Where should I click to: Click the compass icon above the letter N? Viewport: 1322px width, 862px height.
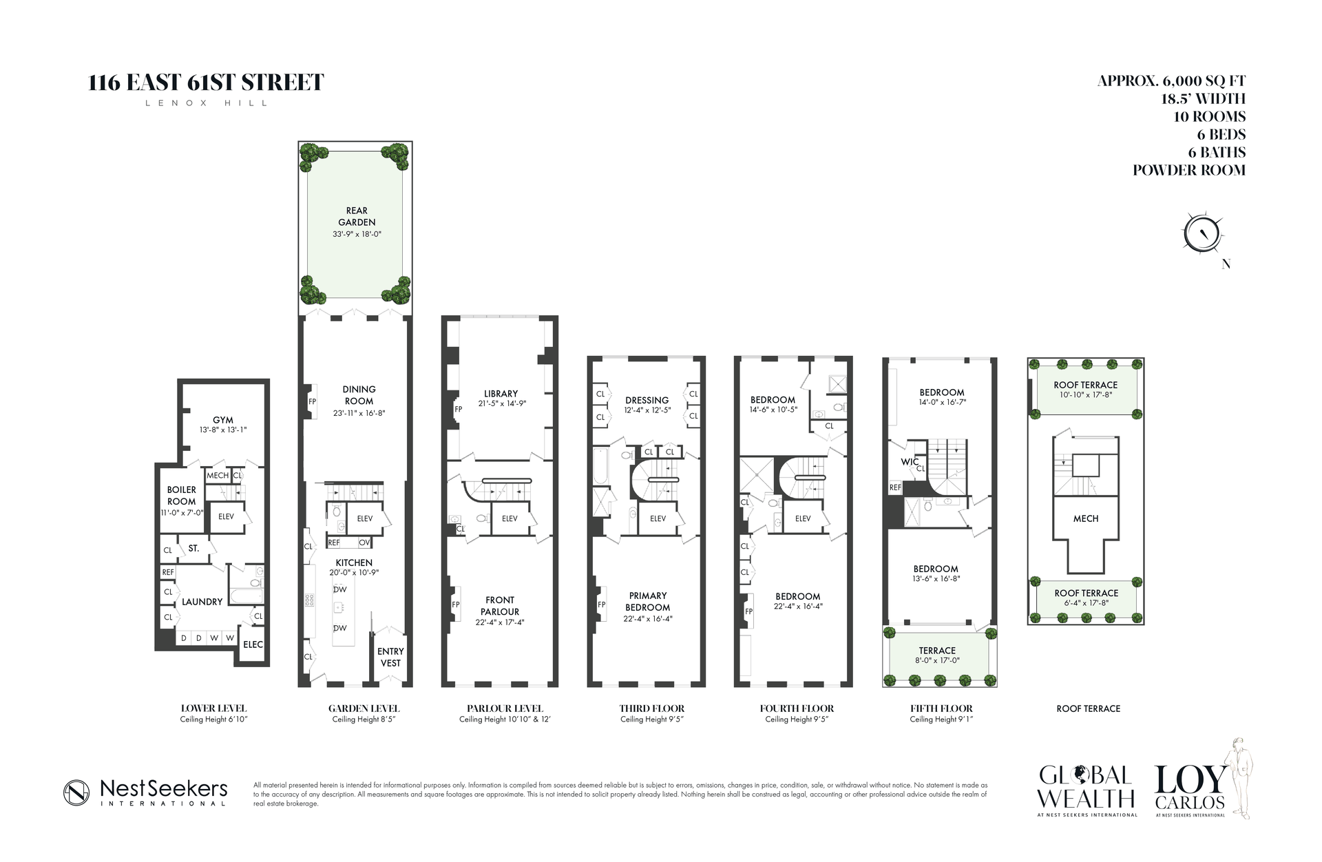pos(1202,233)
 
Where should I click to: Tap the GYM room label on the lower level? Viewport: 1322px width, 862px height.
pos(222,420)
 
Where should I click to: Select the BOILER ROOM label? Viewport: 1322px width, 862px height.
pos(182,496)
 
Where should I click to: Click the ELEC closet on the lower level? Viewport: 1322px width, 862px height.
pos(253,644)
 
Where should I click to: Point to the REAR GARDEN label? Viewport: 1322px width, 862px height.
pos(357,216)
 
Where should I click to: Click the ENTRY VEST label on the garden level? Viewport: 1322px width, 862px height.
pos(390,657)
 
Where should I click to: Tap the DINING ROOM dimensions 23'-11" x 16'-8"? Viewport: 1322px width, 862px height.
pos(359,413)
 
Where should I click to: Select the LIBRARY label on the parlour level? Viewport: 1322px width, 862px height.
pos(501,394)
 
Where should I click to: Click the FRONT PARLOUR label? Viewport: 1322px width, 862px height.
pos(500,606)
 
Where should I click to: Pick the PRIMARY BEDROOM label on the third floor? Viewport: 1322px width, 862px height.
pos(647,601)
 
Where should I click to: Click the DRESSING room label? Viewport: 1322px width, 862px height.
pos(647,400)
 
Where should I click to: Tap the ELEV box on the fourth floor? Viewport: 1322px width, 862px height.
pos(803,518)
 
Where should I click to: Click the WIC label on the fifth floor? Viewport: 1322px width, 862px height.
pos(910,462)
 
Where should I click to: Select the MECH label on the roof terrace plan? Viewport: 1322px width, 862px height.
pos(1086,518)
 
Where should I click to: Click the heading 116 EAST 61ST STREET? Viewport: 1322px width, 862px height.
pos(206,83)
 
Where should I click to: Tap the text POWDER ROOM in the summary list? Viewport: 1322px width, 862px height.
pos(1189,170)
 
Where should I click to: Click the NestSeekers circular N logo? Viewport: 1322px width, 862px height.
pos(76,792)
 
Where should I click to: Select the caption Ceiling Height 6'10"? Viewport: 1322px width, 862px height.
pos(213,719)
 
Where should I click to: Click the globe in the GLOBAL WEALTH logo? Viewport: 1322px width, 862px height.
pos(1085,775)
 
